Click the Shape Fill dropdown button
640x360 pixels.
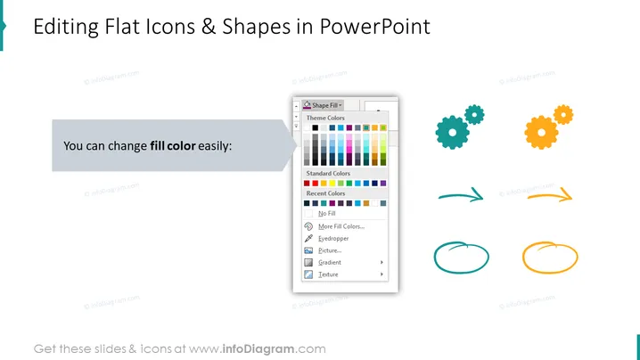[x=323, y=105]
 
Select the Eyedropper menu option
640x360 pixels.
[x=333, y=239]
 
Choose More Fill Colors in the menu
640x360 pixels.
[x=341, y=226]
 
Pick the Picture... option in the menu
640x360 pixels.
[x=330, y=250]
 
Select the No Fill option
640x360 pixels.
[x=326, y=214]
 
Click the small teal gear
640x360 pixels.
[x=474, y=115]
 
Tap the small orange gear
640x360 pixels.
[x=563, y=115]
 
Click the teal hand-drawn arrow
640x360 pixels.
[x=461, y=196]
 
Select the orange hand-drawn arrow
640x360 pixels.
[x=549, y=197]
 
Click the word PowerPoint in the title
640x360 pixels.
[x=374, y=27]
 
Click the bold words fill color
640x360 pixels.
[x=173, y=146]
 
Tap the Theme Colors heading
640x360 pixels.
[x=325, y=118]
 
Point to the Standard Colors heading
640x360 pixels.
[x=328, y=174]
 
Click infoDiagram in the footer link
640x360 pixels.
[x=258, y=349]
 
